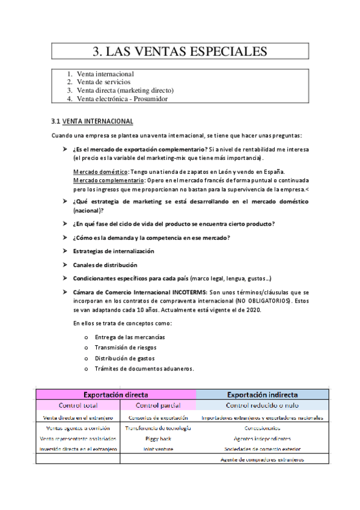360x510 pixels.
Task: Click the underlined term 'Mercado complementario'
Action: (x=108, y=180)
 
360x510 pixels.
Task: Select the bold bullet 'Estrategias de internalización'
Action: (x=114, y=251)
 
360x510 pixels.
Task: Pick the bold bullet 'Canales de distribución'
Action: (x=105, y=265)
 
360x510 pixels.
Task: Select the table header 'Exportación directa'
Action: (x=116, y=395)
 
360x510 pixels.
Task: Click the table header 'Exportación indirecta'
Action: (x=262, y=395)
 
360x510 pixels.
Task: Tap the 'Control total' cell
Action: (x=78, y=406)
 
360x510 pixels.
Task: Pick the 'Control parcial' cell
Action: (x=158, y=406)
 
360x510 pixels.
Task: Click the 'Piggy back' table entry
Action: (x=158, y=438)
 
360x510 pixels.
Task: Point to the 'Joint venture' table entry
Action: (x=158, y=449)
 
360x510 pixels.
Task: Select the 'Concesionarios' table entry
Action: (x=262, y=428)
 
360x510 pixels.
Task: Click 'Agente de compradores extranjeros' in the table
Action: (x=262, y=459)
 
